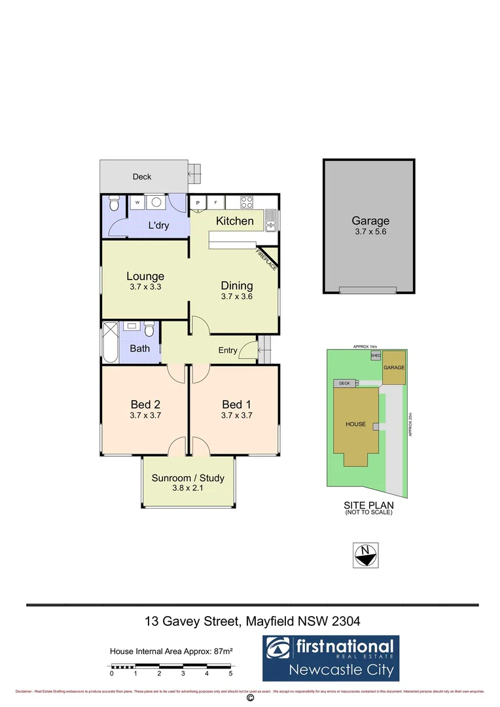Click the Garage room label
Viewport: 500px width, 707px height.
(370, 221)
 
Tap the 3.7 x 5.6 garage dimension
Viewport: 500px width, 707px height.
(370, 232)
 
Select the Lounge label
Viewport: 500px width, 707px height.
(145, 276)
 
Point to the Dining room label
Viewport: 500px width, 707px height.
(237, 285)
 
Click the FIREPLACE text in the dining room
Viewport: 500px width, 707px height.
(267, 259)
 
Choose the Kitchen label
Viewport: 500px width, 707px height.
(235, 221)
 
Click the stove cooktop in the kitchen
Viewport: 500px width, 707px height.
(247, 202)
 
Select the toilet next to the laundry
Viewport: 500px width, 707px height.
(113, 205)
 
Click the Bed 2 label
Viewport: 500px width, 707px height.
(145, 404)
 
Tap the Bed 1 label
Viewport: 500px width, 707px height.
(237, 404)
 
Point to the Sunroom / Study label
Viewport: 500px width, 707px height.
(188, 478)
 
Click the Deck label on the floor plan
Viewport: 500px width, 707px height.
(142, 177)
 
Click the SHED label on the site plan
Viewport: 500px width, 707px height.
(376, 355)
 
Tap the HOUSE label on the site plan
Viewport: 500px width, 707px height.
(356, 424)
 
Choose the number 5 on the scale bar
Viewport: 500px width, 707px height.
(230, 673)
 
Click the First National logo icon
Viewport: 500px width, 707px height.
(279, 649)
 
